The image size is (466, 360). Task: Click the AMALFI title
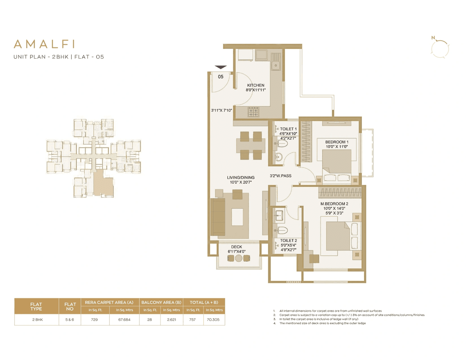tap(44, 44)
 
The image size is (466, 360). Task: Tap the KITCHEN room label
tap(256, 86)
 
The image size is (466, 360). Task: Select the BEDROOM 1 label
tap(337, 142)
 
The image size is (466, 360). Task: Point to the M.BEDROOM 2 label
tap(334, 204)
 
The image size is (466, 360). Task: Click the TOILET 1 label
tap(288, 129)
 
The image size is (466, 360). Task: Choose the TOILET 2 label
tap(288, 241)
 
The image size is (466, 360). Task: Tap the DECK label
tap(237, 247)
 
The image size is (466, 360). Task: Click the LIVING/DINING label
tap(241, 178)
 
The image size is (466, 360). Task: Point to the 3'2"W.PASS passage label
tap(280, 176)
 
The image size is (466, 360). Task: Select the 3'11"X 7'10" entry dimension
tap(221, 110)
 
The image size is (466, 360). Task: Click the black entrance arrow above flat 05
tap(221, 67)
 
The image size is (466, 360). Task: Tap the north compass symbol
tap(440, 48)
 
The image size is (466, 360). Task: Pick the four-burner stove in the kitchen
tap(253, 112)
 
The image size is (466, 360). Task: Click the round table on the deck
tap(238, 258)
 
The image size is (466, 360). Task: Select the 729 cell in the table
tap(94, 320)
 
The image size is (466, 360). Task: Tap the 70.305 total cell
tap(214, 320)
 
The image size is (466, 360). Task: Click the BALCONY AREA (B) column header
tap(161, 302)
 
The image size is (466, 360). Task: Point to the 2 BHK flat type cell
tap(37, 320)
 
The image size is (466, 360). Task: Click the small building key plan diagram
tap(94, 158)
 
